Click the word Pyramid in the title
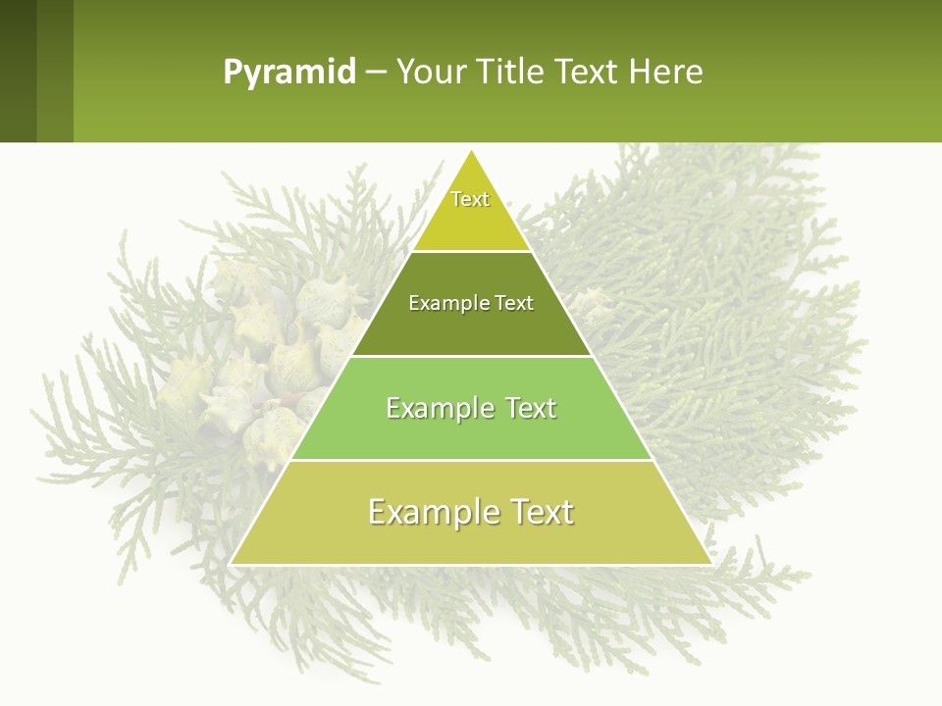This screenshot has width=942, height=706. (289, 73)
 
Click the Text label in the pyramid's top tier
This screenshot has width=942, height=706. (470, 199)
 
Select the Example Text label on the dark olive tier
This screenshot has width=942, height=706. (471, 303)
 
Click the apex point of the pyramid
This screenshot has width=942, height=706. (472, 152)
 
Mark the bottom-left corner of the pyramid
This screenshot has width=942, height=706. (232, 563)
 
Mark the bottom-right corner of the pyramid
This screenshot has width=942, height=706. (710, 563)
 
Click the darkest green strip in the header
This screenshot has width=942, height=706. (18, 71)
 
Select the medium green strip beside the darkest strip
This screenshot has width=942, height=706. (55, 71)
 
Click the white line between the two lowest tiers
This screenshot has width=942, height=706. (471, 460)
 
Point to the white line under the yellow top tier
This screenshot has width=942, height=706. (471, 252)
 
